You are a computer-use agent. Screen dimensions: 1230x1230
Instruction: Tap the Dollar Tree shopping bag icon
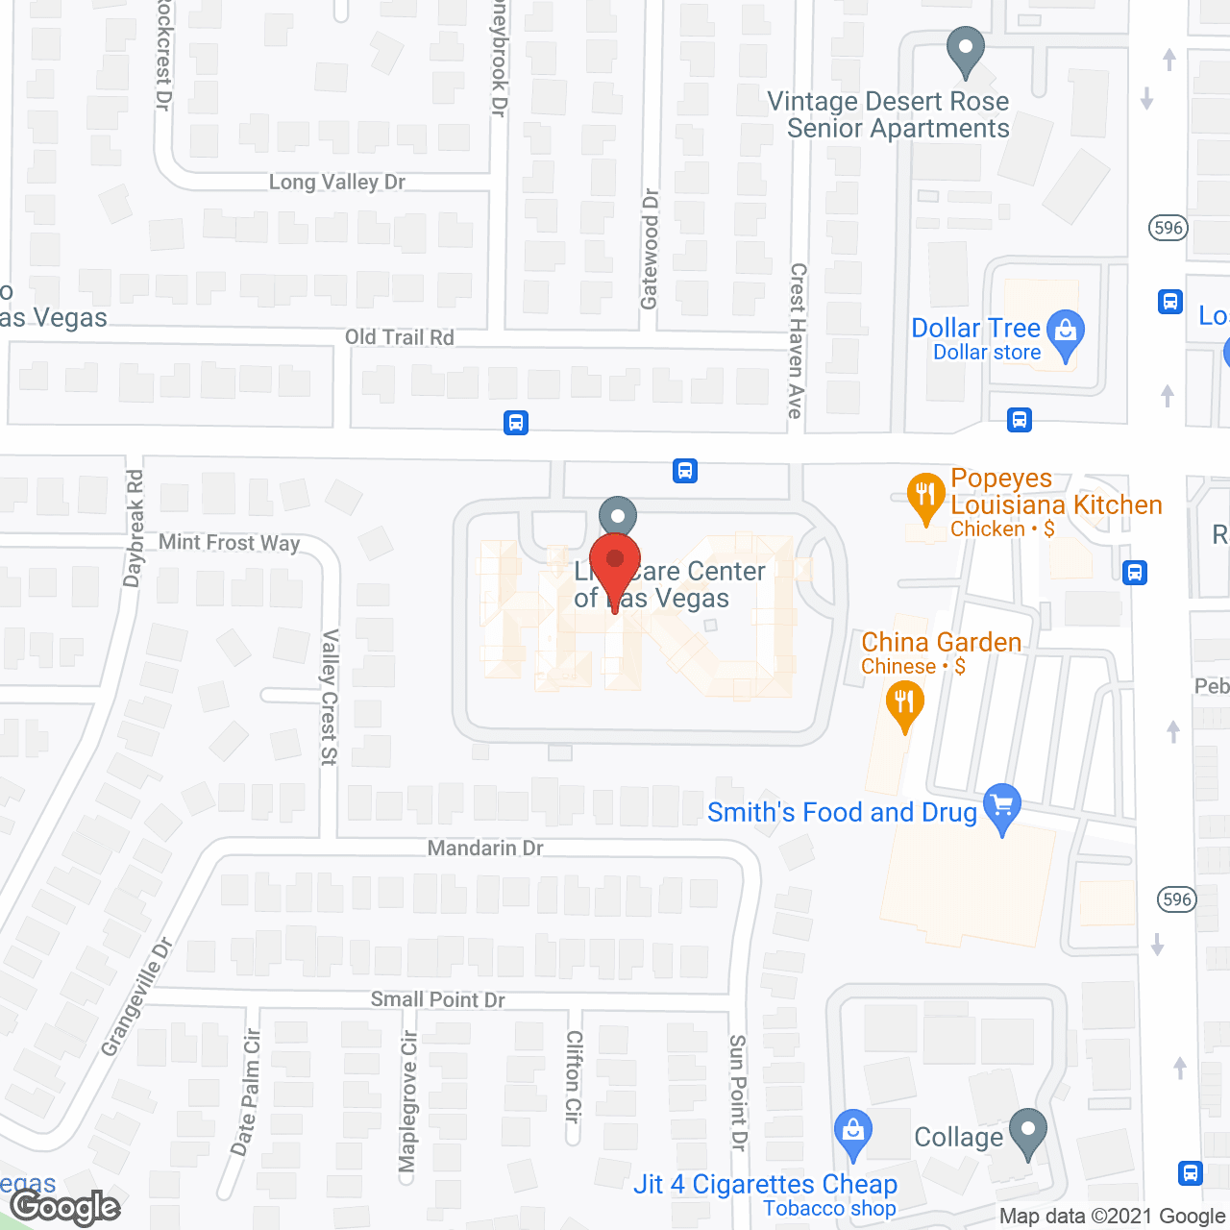click(1065, 333)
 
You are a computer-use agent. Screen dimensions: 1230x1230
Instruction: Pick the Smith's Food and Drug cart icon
click(1002, 806)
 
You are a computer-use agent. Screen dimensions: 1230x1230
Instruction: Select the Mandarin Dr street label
click(485, 849)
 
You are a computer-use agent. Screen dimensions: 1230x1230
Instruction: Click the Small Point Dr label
click(438, 1000)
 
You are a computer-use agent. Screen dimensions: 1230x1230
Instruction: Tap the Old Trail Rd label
click(400, 337)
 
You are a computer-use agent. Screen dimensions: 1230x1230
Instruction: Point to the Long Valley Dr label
click(337, 183)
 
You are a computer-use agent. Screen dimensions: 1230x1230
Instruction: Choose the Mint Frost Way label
click(230, 543)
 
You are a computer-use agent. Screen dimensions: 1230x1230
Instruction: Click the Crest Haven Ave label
click(797, 341)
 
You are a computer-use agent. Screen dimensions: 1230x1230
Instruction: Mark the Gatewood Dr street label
click(651, 249)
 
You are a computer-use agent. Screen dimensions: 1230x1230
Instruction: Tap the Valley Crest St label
click(330, 697)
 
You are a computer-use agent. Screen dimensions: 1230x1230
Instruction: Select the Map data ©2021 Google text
click(1114, 1217)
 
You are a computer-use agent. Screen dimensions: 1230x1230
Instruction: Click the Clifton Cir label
click(574, 1076)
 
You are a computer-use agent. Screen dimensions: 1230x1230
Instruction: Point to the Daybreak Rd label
click(135, 528)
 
